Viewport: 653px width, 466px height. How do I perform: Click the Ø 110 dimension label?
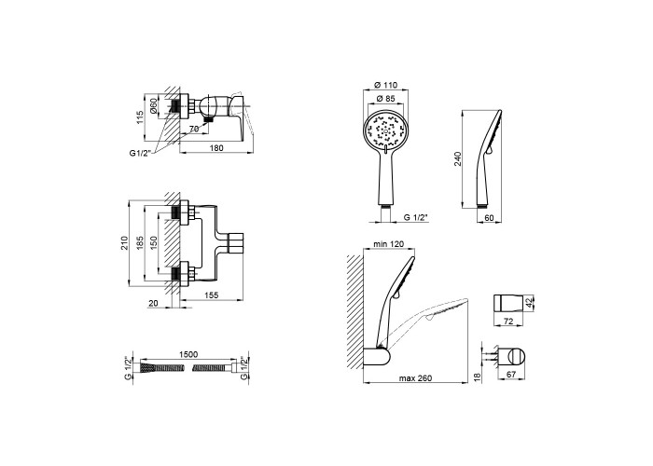click(x=385, y=85)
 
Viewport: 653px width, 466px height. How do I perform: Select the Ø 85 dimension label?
click(x=385, y=99)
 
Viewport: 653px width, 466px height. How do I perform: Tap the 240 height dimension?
click(x=458, y=159)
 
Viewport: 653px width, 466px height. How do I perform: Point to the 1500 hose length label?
click(x=188, y=354)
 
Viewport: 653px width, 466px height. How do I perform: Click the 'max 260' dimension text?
click(x=415, y=378)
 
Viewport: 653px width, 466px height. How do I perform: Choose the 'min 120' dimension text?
click(x=389, y=244)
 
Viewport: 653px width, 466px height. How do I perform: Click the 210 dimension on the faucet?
click(x=124, y=243)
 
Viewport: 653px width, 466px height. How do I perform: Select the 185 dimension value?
click(x=140, y=243)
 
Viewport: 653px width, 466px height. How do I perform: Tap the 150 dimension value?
click(x=154, y=243)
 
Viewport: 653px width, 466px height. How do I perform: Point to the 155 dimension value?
click(x=212, y=295)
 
